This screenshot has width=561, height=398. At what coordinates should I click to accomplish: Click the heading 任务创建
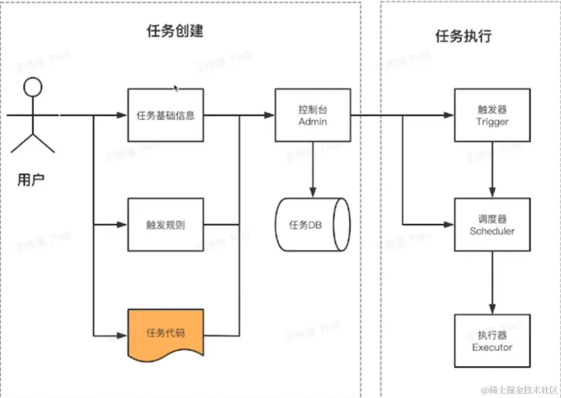[175, 31]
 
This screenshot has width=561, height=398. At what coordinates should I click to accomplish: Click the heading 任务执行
[463, 36]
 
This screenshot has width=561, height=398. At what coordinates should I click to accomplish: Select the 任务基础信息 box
[166, 115]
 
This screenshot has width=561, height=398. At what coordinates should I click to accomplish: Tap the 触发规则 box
[166, 225]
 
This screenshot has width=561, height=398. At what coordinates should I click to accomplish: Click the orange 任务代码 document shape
[166, 333]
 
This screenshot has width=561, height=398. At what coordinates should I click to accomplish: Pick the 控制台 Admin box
[313, 115]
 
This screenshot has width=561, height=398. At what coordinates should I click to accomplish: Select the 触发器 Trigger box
[492, 115]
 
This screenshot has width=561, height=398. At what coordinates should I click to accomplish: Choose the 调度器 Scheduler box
[492, 225]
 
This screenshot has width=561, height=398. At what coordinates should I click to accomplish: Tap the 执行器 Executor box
[492, 341]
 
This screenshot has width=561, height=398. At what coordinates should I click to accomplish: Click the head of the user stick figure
[33, 87]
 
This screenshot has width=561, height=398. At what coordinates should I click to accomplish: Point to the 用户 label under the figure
[31, 180]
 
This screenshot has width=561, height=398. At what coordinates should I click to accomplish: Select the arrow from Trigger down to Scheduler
[492, 168]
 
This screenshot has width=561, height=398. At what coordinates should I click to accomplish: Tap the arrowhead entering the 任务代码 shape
[122, 335]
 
